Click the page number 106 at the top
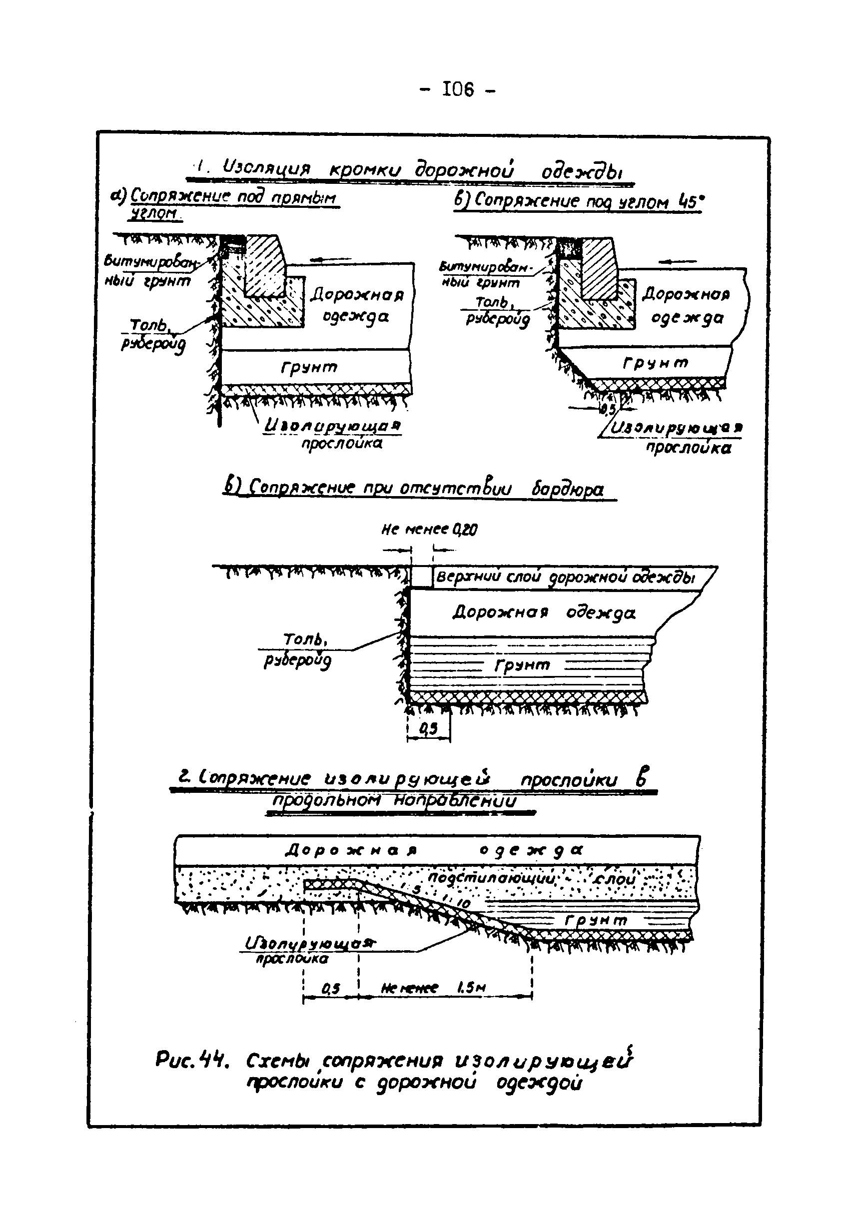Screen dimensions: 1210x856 459,89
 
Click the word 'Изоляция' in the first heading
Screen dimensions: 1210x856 266,169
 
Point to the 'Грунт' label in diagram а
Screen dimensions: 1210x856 309,367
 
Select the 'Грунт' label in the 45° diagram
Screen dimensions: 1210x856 656,363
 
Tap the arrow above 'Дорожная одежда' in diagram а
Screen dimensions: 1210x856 324,259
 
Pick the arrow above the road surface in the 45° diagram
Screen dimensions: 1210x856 678,261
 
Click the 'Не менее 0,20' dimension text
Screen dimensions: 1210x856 429,530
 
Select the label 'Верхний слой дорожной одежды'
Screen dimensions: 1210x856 566,578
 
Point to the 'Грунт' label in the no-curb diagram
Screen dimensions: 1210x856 522,665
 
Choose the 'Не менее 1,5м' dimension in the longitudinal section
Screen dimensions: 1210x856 432,989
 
